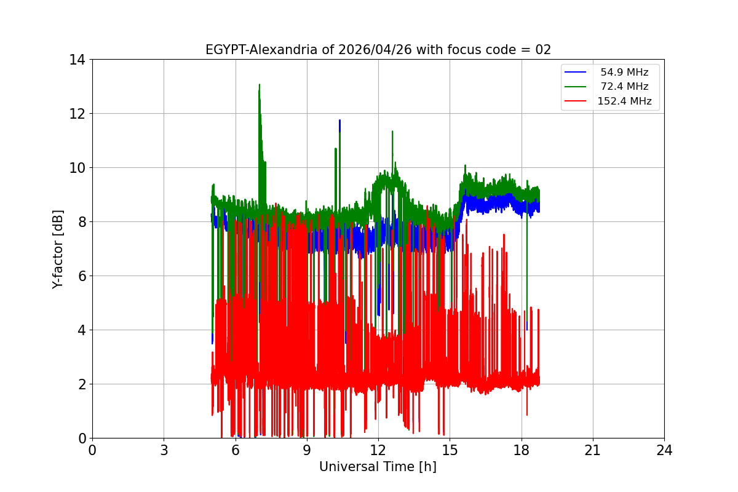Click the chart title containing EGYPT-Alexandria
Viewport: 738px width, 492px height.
(x=378, y=50)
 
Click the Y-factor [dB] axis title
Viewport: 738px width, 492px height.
(x=58, y=248)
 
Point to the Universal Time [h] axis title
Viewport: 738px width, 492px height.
(x=378, y=467)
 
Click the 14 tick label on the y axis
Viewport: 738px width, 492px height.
(x=77, y=60)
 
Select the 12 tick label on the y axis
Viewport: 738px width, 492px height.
(x=77, y=114)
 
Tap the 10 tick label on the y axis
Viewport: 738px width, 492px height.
(x=77, y=168)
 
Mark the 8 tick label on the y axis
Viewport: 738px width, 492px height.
(x=81, y=222)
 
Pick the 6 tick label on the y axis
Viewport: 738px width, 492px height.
(x=81, y=276)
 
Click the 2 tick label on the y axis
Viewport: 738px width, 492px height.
(x=81, y=384)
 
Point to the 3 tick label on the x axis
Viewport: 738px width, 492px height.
(x=164, y=450)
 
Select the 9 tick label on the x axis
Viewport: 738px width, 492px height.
(x=307, y=450)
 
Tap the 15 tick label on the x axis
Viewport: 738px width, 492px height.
(x=450, y=450)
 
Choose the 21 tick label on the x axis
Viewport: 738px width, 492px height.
(x=593, y=450)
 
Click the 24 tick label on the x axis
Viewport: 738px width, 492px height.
(x=664, y=450)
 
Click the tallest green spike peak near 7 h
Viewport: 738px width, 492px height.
(x=260, y=85)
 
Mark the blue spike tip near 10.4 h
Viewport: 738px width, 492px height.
(x=339, y=121)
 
